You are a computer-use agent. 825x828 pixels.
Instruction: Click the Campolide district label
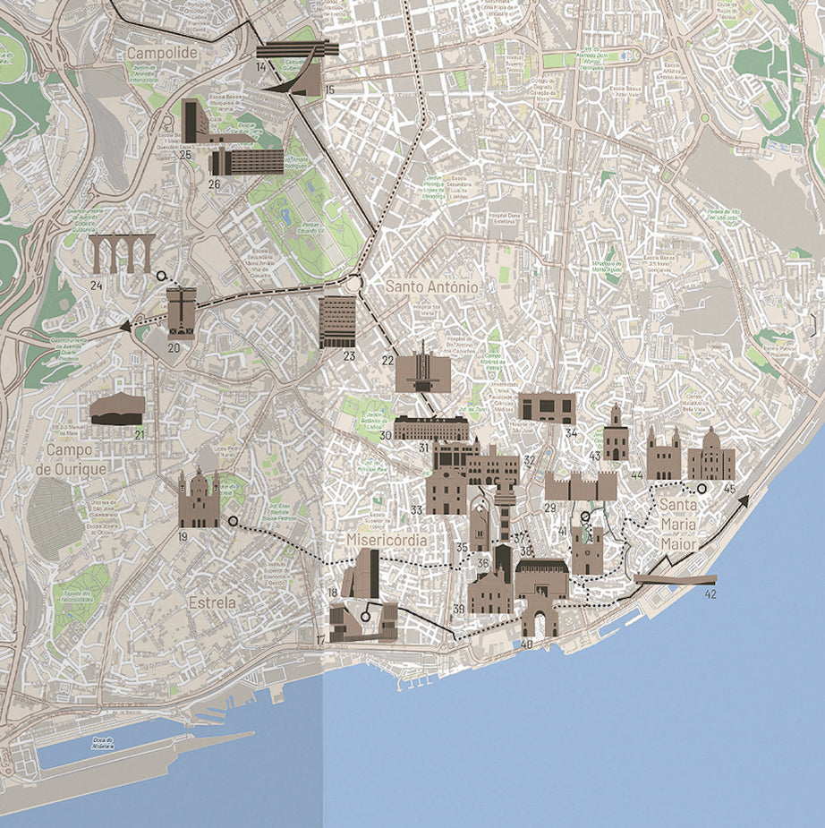(161, 53)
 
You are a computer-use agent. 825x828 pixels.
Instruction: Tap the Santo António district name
(432, 287)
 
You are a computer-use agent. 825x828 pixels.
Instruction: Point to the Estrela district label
(212, 603)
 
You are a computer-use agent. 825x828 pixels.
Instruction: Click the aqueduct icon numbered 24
(121, 254)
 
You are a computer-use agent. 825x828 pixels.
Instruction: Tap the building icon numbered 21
(116, 409)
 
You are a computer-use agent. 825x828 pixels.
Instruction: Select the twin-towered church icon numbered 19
(198, 499)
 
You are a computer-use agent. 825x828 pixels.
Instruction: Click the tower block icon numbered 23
(337, 321)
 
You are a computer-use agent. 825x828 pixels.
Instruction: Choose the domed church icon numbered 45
(710, 456)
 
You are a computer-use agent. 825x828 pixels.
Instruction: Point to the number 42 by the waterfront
(710, 593)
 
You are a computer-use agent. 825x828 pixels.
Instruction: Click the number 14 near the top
(260, 67)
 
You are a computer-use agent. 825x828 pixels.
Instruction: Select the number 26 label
(214, 184)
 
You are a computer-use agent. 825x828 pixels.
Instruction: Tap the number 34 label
(571, 434)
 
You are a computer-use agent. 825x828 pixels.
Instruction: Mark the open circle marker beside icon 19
(233, 521)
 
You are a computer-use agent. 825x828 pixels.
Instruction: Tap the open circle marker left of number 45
(702, 489)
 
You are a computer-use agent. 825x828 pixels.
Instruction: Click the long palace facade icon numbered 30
(431, 427)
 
